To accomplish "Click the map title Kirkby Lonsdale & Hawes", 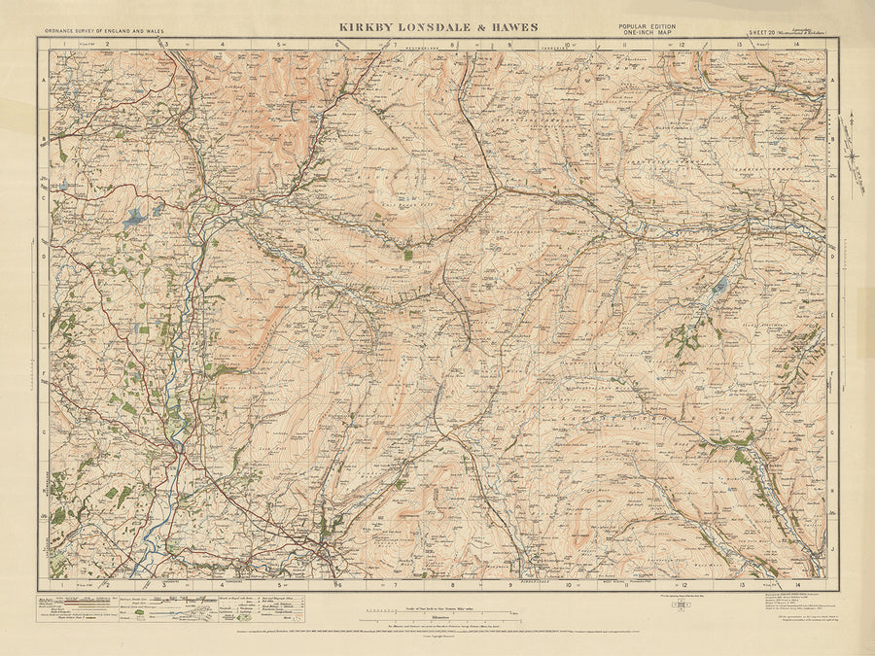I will tap(437, 28).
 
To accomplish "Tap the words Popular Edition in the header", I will tap(646, 26).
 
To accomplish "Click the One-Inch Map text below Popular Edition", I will tap(646, 34).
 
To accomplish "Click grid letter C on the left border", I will tap(43, 195).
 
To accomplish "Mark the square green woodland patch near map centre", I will tap(407, 255).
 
